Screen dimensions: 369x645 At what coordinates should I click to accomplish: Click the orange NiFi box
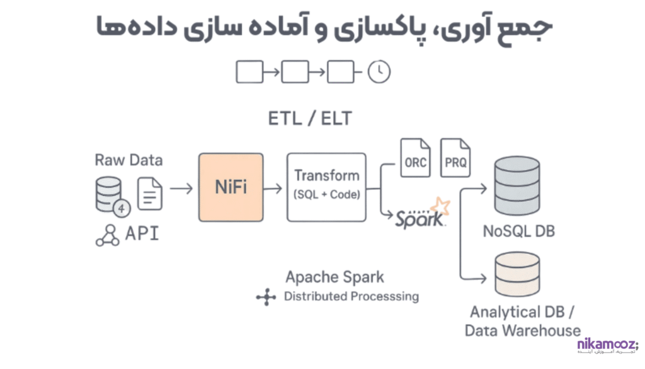(231, 187)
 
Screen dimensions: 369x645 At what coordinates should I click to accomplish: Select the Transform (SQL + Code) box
(326, 187)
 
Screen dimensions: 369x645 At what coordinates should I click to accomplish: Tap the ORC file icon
(416, 158)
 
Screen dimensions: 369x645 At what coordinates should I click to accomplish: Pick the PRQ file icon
(455, 158)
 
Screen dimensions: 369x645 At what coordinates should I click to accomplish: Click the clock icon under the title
(379, 72)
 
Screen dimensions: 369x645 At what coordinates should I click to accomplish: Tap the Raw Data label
(128, 160)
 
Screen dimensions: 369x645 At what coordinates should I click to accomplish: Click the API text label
(142, 234)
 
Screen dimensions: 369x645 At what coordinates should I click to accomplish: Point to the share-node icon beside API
(107, 235)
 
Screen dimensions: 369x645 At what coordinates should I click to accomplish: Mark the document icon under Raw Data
(150, 194)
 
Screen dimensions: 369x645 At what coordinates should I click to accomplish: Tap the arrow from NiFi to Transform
(273, 188)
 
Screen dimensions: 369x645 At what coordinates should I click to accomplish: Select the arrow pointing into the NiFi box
(181, 188)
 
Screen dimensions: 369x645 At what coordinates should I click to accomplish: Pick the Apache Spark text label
(334, 277)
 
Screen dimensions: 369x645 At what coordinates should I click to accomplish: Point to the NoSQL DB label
(518, 231)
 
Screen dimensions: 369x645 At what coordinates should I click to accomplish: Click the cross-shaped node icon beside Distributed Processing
(266, 297)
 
